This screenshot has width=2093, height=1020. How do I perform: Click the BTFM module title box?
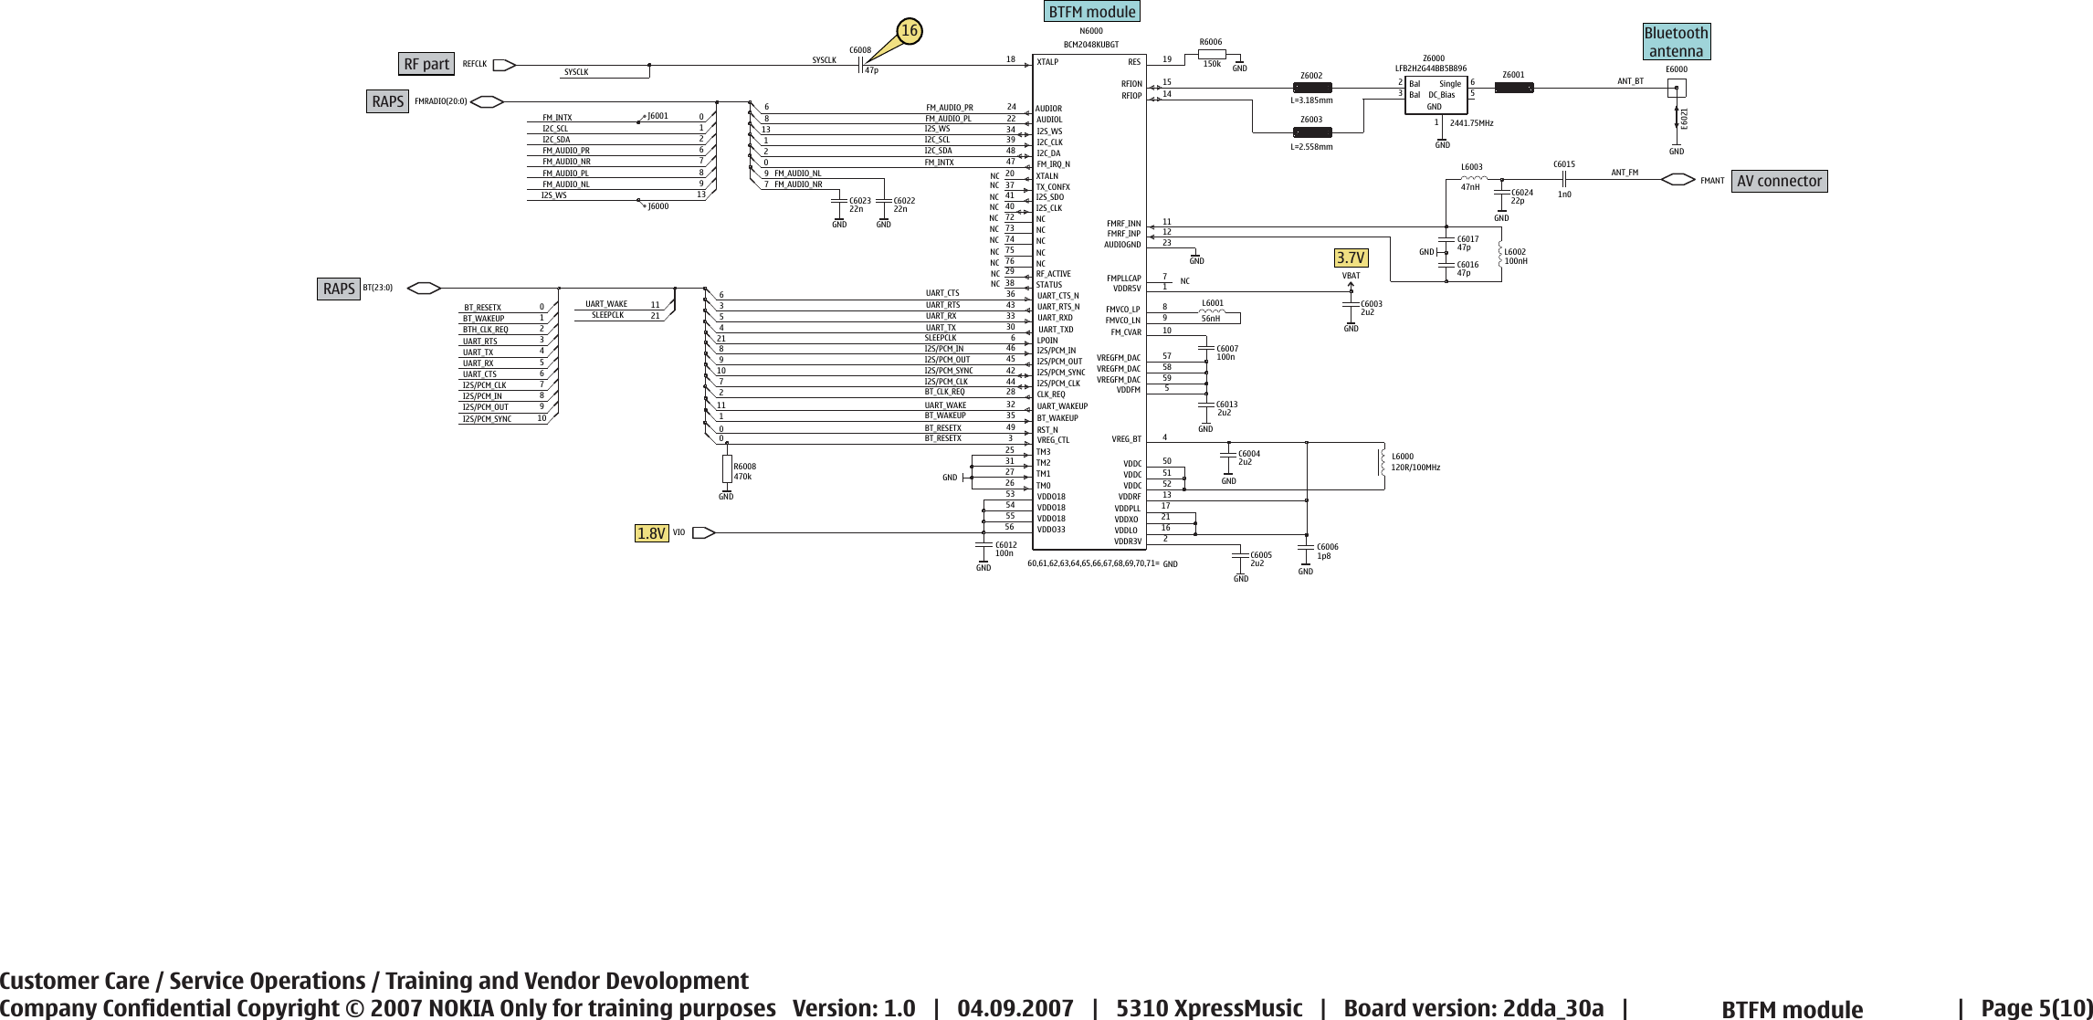point(1092,12)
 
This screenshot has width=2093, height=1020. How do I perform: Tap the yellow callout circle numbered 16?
point(909,32)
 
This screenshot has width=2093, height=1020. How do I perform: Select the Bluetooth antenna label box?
point(1676,42)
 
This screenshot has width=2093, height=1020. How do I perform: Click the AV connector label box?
point(1779,181)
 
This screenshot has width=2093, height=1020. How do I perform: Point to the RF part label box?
point(426,64)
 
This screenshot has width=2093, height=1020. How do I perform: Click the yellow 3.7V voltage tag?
point(1350,258)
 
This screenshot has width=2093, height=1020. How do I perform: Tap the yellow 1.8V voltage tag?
point(651,533)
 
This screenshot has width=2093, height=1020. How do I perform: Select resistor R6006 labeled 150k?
point(1211,53)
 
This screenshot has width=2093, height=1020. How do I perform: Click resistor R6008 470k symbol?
point(727,468)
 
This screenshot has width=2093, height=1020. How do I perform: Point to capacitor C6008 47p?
point(861,65)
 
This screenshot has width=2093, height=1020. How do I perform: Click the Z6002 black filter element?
point(1313,89)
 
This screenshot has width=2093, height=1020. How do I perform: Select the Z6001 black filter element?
point(1514,89)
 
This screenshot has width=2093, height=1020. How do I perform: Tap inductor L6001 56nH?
point(1212,311)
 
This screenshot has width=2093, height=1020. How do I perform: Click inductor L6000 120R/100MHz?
point(1382,461)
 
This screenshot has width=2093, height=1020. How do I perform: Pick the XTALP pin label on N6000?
point(1047,62)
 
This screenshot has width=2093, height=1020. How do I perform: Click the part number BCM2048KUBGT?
point(1090,45)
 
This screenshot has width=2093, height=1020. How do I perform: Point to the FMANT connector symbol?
point(1678,180)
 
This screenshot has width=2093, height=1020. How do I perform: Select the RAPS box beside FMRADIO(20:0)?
point(388,101)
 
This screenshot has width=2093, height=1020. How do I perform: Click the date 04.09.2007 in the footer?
point(1015,1008)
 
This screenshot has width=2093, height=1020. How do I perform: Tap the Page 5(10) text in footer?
point(2035,1008)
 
